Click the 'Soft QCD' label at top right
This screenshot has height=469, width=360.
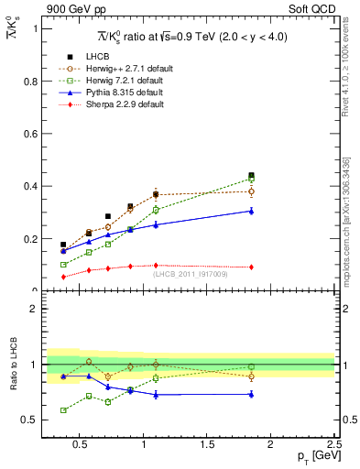[311, 10]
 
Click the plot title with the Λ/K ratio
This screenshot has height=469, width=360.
[190, 37]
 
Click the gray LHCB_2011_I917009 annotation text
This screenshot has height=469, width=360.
[191, 273]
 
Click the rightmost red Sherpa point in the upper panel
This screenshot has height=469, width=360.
[251, 267]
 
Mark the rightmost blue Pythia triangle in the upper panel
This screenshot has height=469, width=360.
[251, 211]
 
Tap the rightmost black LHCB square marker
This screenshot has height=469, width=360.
[251, 175]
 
